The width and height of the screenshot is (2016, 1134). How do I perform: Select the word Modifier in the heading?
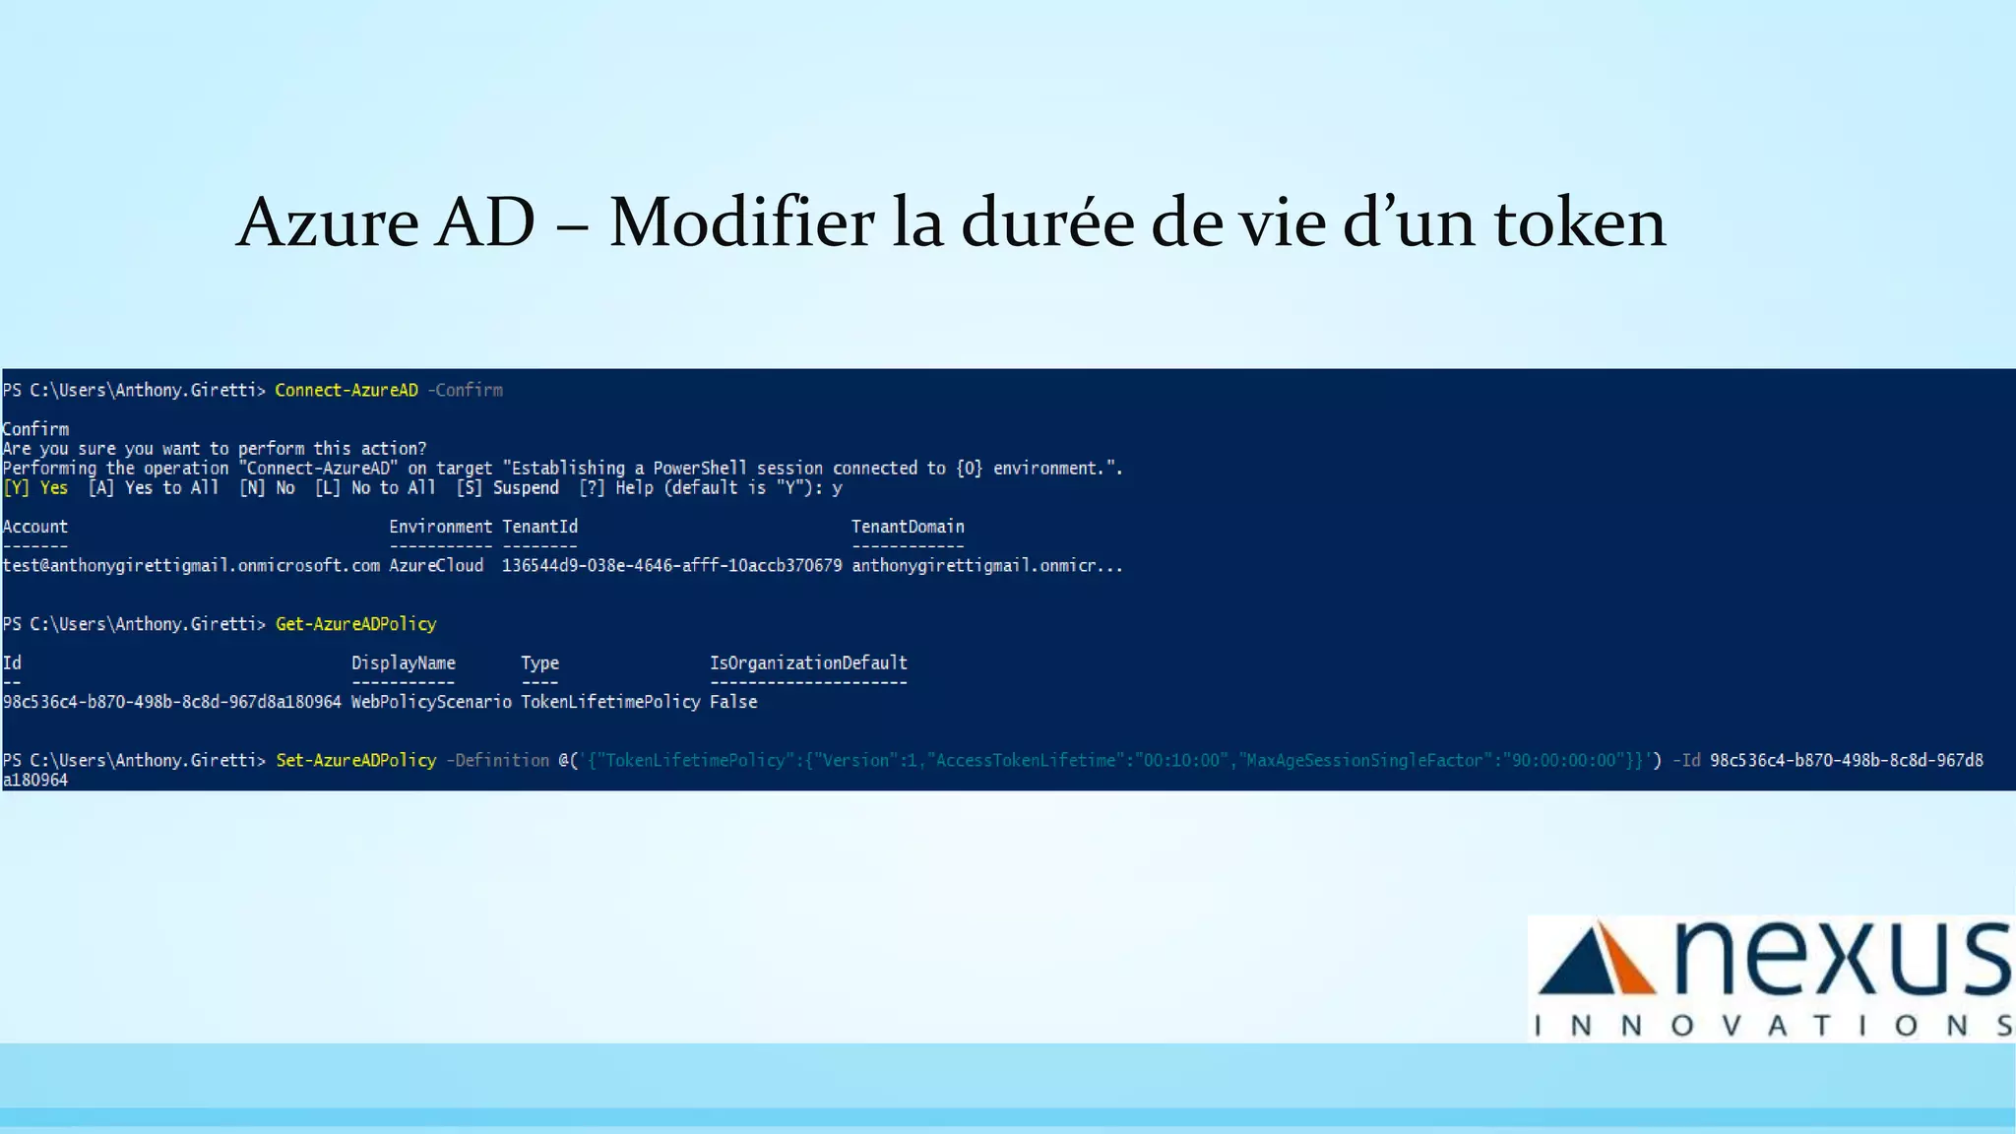pos(741,222)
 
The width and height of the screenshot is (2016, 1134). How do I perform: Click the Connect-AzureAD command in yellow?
pos(346,391)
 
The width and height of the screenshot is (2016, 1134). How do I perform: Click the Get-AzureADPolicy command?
pos(355,624)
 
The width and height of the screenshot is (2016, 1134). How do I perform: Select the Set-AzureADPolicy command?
pos(355,761)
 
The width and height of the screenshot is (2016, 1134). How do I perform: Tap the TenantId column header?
pos(539,527)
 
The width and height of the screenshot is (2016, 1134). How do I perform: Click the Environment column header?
pos(440,527)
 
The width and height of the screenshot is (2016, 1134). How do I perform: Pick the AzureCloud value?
pos(436,566)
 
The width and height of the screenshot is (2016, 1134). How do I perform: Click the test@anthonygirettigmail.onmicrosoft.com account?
pos(191,566)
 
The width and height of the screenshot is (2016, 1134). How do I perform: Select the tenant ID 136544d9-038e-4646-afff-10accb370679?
pos(671,566)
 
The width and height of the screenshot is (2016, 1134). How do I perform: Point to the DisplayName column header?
pos(404,663)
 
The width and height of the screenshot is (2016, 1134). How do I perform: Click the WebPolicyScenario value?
pos(431,702)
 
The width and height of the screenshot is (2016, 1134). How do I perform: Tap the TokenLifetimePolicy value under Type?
pos(610,702)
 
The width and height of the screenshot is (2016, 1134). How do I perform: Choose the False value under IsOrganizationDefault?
pos(733,702)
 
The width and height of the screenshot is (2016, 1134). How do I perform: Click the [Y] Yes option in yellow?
pos(35,488)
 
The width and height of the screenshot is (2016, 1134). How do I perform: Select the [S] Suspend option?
pos(507,488)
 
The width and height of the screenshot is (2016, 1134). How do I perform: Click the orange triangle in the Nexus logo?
pos(1628,963)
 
